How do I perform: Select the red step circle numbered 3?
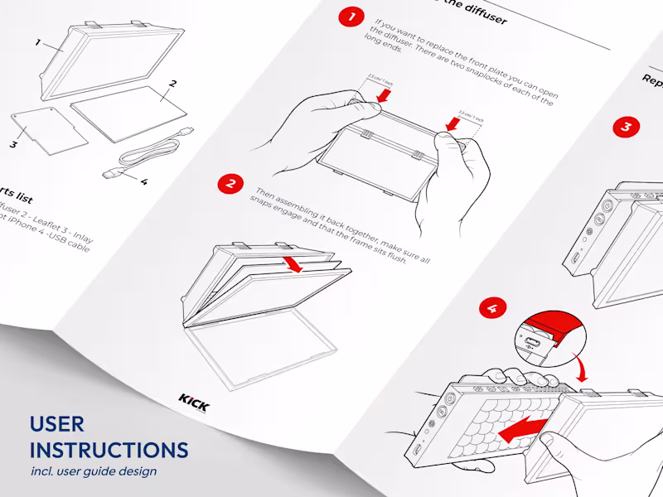[x=626, y=127]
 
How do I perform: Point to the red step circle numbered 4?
[x=493, y=309]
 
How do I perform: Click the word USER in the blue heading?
[x=56, y=424]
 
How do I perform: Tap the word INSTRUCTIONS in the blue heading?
[x=109, y=451]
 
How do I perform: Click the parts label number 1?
[x=37, y=41]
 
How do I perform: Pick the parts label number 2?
[x=172, y=84]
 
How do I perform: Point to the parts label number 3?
[x=13, y=143]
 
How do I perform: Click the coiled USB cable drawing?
[x=149, y=153]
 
